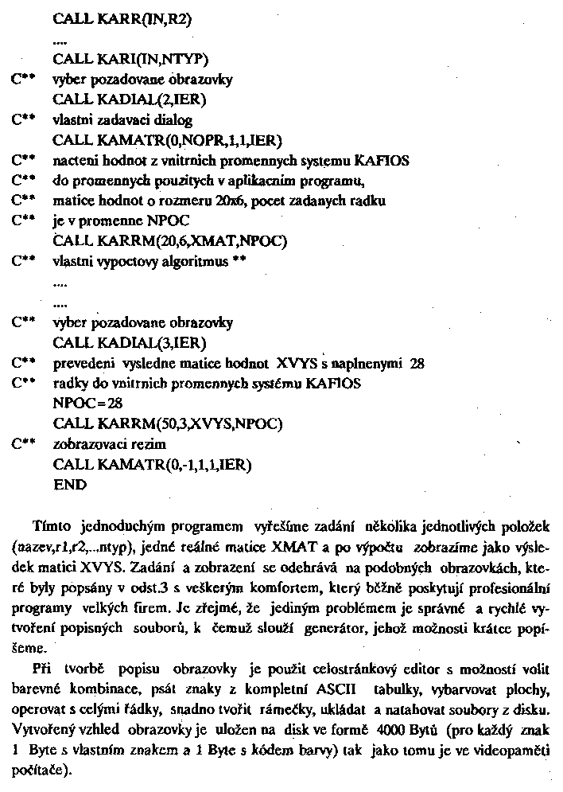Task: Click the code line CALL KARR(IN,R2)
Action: pos(124,18)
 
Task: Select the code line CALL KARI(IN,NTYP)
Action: pos(131,59)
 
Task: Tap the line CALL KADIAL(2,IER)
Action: pos(130,99)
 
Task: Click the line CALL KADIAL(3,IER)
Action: pos(130,343)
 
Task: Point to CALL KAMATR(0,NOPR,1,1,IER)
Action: pos(168,141)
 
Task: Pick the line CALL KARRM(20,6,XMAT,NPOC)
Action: pos(170,241)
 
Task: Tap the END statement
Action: pos(70,484)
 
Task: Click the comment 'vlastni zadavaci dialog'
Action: pos(122,120)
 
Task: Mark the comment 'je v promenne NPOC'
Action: pos(114,221)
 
